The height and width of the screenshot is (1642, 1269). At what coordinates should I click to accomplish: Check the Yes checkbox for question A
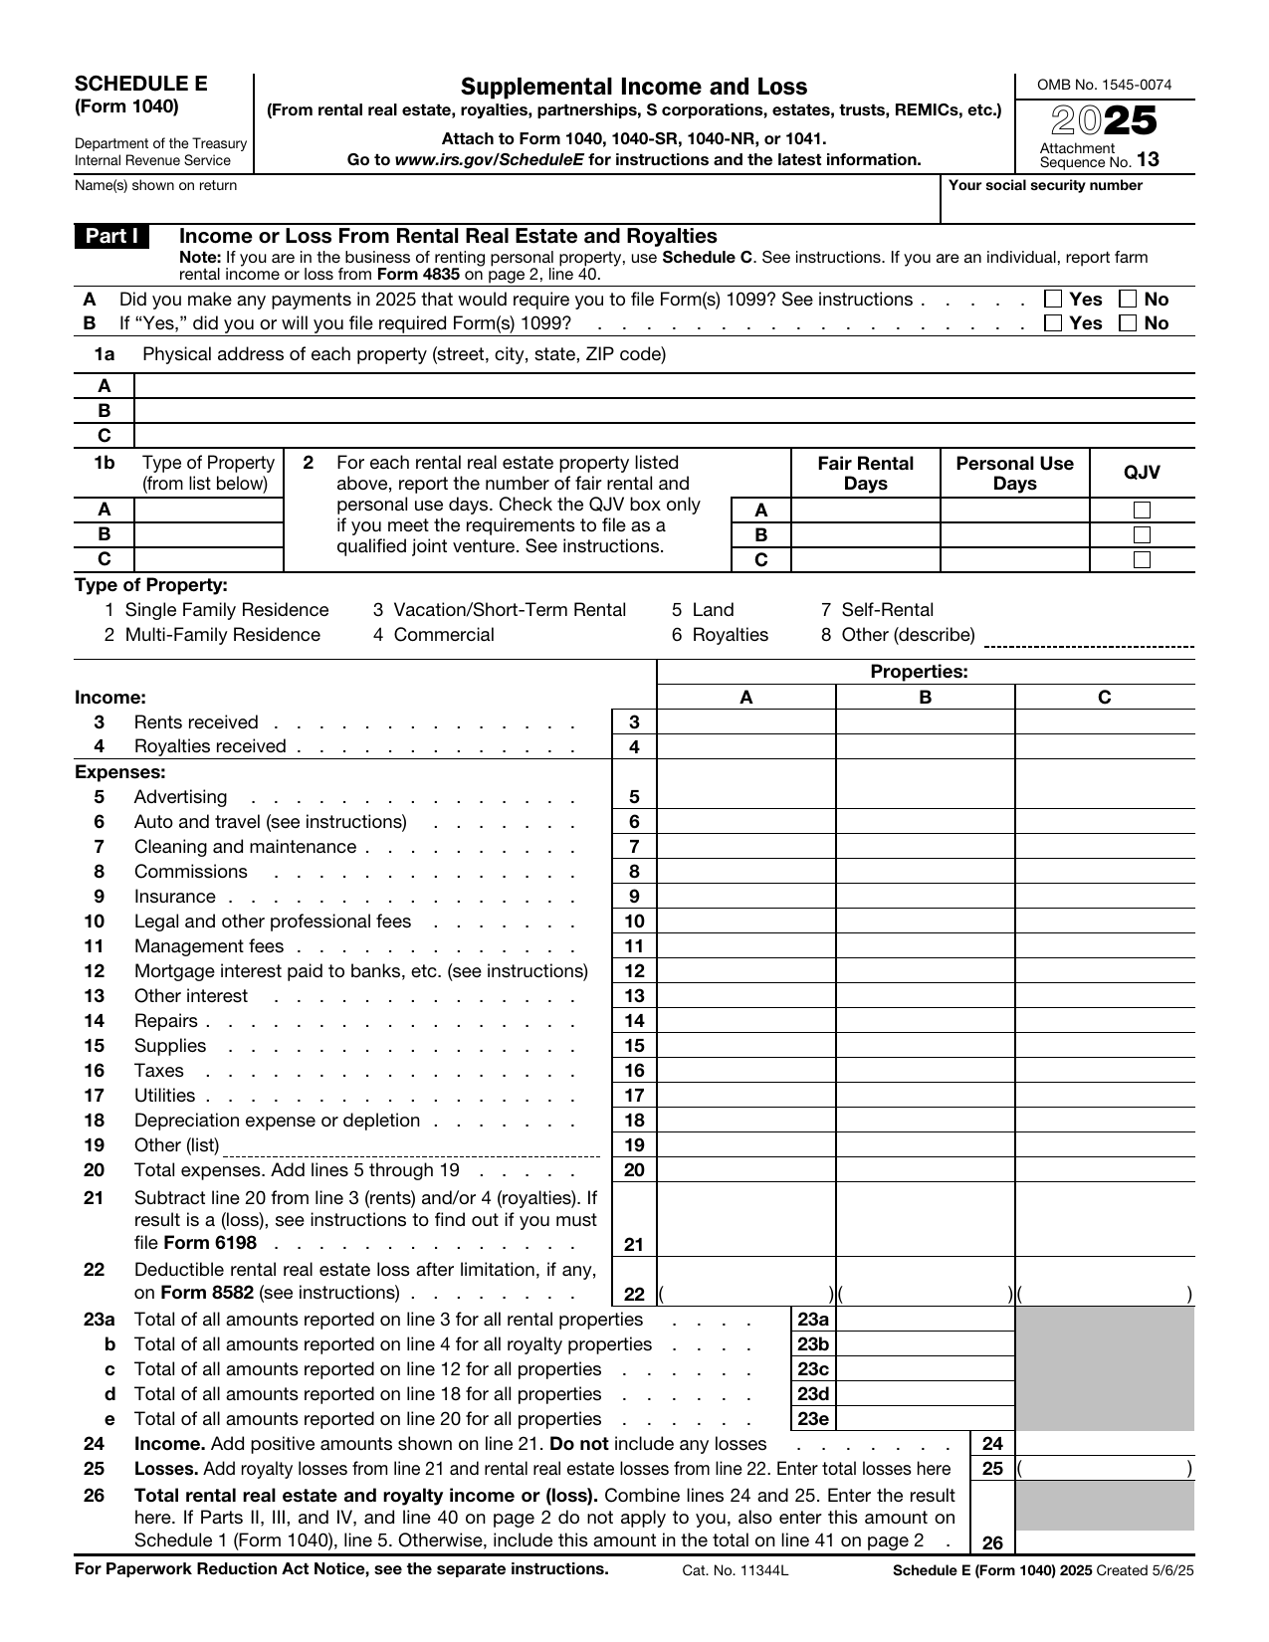point(1053,300)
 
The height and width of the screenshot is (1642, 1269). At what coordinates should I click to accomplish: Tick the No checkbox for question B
point(1129,323)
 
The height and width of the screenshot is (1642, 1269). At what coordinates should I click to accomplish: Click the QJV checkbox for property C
point(1142,559)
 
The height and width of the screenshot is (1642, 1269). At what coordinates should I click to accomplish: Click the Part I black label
point(111,237)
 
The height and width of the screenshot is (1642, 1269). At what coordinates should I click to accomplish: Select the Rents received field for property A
point(746,722)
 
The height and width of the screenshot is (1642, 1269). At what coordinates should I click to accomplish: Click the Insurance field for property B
point(925,897)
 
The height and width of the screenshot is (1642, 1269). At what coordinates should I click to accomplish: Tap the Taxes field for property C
point(1104,1071)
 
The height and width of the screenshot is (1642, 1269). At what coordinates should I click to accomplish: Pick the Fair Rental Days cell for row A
point(865,511)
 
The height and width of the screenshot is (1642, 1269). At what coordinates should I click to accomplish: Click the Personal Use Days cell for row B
point(1014,535)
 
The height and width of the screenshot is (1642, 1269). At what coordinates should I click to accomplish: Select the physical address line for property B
point(664,411)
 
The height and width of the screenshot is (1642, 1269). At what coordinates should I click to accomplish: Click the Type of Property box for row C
point(208,559)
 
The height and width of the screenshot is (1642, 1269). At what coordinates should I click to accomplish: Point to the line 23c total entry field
point(925,1369)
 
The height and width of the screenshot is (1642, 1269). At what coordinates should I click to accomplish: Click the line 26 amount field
point(1104,1542)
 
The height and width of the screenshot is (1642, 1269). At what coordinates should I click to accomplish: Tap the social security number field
point(1067,205)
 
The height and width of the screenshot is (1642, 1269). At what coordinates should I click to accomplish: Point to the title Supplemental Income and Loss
point(634,87)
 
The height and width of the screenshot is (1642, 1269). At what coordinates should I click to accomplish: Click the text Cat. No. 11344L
point(735,1570)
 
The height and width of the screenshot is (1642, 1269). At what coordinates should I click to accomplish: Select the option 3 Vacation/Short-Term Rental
point(500,610)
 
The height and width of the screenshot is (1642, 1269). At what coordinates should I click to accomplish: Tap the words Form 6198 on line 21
point(195,1243)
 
